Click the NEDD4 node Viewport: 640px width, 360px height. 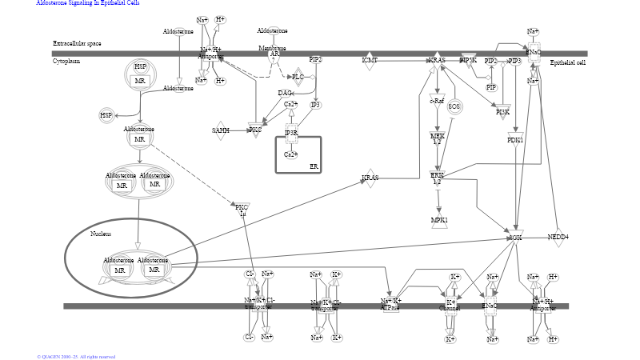tap(558, 238)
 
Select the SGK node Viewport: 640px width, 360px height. tap(516, 238)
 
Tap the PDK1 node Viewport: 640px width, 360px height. tap(515, 140)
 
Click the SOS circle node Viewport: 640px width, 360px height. tap(454, 106)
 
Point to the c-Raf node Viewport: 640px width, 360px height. tap(437, 102)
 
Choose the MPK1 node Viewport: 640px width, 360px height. tap(438, 221)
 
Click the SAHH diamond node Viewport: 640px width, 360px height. tap(221, 130)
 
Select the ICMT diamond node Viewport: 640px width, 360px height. tap(369, 61)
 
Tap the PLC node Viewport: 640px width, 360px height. tap(298, 77)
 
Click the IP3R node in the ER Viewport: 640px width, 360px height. tap(291, 133)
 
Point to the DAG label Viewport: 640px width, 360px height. tap(284, 94)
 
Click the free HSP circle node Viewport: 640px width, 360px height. tap(106, 116)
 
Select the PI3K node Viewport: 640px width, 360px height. tap(502, 113)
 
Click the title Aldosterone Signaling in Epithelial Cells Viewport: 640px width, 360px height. tap(87, 3)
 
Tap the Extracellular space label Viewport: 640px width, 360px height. tap(77, 43)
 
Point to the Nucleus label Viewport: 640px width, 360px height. tap(100, 234)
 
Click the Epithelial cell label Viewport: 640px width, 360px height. tap(568, 62)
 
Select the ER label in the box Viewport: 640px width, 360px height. tap(314, 166)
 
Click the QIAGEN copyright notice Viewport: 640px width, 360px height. tap(76, 356)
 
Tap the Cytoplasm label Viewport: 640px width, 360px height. tap(66, 61)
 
